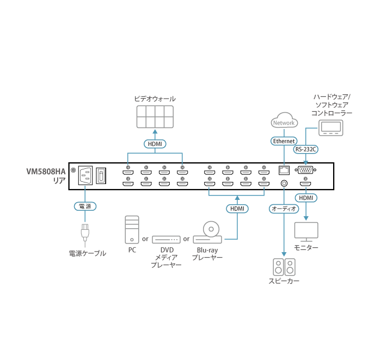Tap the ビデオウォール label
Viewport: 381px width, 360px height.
click(155, 99)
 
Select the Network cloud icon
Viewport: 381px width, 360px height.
click(284, 121)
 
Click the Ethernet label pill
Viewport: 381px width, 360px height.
click(284, 141)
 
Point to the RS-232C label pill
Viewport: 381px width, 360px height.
click(305, 148)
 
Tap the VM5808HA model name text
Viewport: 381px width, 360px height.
click(46, 171)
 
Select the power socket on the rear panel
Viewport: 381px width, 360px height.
click(85, 176)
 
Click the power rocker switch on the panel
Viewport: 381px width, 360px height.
click(101, 176)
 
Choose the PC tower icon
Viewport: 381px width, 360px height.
click(132, 229)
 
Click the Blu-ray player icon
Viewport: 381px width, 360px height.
click(208, 233)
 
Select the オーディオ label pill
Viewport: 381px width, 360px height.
click(284, 208)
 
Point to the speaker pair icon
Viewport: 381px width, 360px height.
click(284, 267)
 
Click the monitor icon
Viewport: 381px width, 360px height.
click(306, 231)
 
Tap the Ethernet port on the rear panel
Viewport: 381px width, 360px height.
click(284, 169)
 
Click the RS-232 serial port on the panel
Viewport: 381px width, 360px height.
click(306, 169)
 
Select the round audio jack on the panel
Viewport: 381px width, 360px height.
click(284, 184)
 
